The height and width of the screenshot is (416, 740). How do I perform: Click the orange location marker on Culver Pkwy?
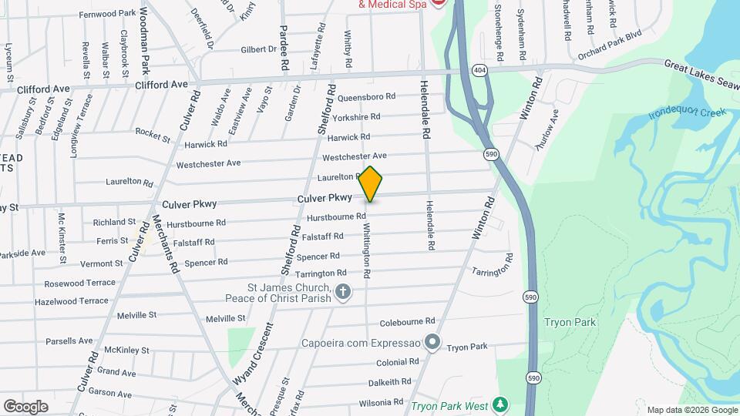click(371, 185)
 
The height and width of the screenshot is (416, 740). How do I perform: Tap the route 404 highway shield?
click(480, 70)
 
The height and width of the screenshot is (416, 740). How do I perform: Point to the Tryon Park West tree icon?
click(501, 404)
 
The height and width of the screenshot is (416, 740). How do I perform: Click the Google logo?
click(25, 406)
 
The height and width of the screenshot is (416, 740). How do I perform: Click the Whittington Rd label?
click(367, 251)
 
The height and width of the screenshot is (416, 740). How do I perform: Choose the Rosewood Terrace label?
click(79, 283)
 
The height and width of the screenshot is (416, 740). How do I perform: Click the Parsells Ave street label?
click(69, 341)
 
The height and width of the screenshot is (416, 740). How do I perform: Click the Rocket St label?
click(153, 136)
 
